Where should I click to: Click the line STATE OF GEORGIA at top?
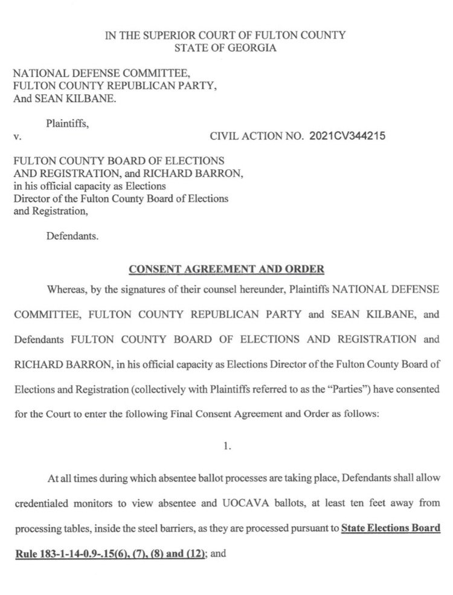(x=225, y=48)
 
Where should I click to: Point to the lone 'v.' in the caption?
(x=18, y=137)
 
